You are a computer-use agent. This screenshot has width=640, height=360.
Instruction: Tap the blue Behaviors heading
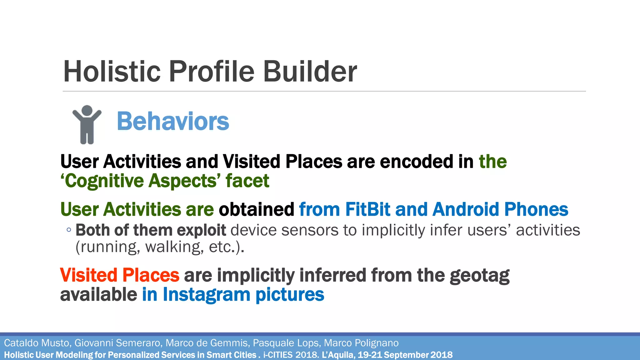tap(173, 121)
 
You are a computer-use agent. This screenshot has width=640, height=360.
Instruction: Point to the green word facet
tap(247, 181)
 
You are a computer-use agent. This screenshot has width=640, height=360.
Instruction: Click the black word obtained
tap(256, 209)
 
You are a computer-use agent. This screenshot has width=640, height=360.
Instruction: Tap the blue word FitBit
tap(367, 209)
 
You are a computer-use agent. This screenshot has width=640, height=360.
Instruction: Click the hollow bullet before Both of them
tap(69, 230)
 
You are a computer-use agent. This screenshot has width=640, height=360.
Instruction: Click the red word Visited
tap(88, 275)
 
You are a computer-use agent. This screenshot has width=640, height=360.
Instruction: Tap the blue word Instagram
tap(206, 295)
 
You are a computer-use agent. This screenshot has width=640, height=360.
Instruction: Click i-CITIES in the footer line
tap(278, 355)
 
